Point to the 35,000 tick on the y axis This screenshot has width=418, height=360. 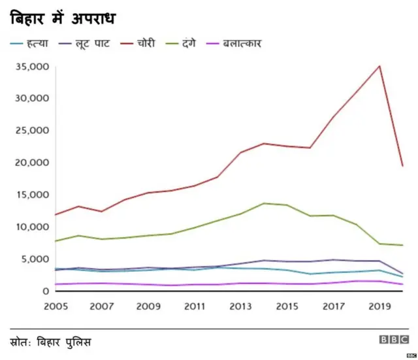(31, 67)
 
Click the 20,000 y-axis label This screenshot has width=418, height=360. (31, 163)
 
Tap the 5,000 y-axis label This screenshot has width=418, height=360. (35, 259)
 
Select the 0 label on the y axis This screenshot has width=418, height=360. (46, 291)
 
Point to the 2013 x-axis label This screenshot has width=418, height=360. (241, 306)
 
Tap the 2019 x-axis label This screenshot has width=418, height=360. (379, 306)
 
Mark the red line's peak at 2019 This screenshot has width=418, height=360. (379, 66)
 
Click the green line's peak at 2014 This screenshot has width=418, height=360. (264, 203)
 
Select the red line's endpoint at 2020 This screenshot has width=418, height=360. (402, 166)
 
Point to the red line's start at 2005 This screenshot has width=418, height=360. (55, 214)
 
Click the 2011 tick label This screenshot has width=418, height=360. (195, 306)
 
